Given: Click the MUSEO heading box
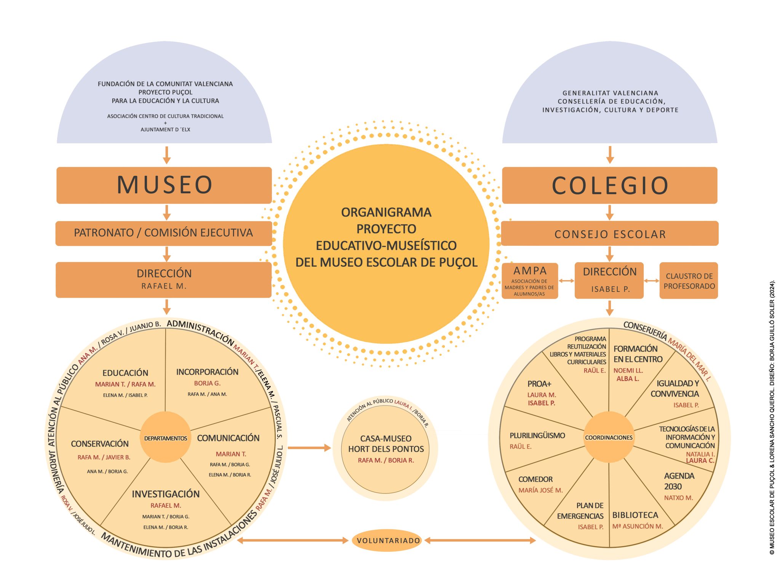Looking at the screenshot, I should coord(164,185).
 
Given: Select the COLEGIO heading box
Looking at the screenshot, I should coord(609,185).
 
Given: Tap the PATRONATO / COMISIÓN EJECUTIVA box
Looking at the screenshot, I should coord(163,233).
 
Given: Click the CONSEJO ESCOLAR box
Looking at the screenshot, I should coord(610,234).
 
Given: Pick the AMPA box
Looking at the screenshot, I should coord(530,281).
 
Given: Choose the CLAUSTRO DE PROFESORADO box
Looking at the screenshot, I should coord(689,281).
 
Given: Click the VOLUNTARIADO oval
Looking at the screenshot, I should coord(388,540).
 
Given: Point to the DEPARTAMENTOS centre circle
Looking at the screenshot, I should coord(166,438).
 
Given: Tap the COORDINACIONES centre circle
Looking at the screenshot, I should coord(609,438).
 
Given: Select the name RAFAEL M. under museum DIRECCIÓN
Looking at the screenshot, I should coord(164,286).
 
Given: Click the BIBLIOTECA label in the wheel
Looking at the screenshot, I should coord(635,515).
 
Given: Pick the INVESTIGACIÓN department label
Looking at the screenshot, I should coord(166,494).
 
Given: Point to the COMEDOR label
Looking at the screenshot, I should coord(535,479).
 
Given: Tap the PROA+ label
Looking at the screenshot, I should coord(539,384).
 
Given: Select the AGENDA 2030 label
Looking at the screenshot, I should coord(679,481).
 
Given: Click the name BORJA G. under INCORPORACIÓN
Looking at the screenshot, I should coord(207,383).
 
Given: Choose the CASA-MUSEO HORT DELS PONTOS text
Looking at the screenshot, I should coord(386,444).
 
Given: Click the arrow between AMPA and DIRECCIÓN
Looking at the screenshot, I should coord(566,281).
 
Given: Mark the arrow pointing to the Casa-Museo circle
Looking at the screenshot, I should coord(309,448).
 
